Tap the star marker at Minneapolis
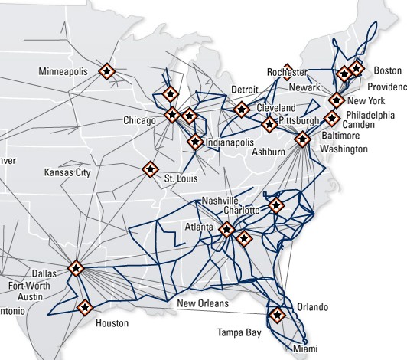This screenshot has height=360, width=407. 107,71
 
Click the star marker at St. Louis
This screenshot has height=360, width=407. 150,169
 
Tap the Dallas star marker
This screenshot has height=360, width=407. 76,268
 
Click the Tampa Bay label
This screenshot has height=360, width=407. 239,333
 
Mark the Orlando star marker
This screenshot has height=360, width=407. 277,314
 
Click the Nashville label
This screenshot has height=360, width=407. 221,201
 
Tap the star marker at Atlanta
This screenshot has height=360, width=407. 226,228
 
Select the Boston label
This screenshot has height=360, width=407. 386,70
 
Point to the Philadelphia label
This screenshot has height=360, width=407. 366,113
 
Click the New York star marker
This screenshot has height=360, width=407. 335,100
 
